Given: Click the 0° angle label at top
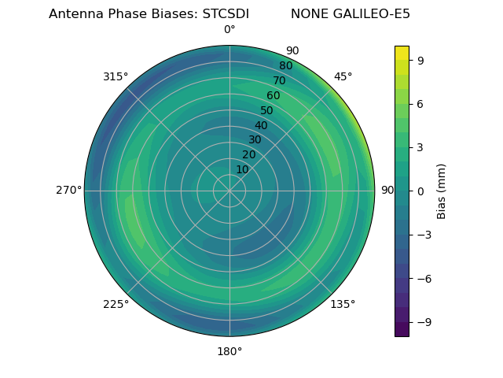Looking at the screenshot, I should pos(229,30).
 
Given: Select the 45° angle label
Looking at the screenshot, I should pos(343,76).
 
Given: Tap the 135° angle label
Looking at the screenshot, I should pos(343,304).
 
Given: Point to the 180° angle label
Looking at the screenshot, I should pos(229,351).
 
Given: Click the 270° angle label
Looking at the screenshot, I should pos(68,191).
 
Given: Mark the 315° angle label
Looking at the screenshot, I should pos(116,76).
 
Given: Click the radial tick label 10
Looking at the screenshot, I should pos(243,169).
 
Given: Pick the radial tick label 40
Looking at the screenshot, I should pos(261,125).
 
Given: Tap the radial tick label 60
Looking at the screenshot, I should pos(274,95).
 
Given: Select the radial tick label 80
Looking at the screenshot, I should pos(285,66).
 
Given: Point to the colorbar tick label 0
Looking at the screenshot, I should pos(421,191).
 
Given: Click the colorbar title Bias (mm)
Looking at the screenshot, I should pos(442,191).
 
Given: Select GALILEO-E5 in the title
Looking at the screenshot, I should pos(373,14).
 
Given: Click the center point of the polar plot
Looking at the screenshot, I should pos(229,191).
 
